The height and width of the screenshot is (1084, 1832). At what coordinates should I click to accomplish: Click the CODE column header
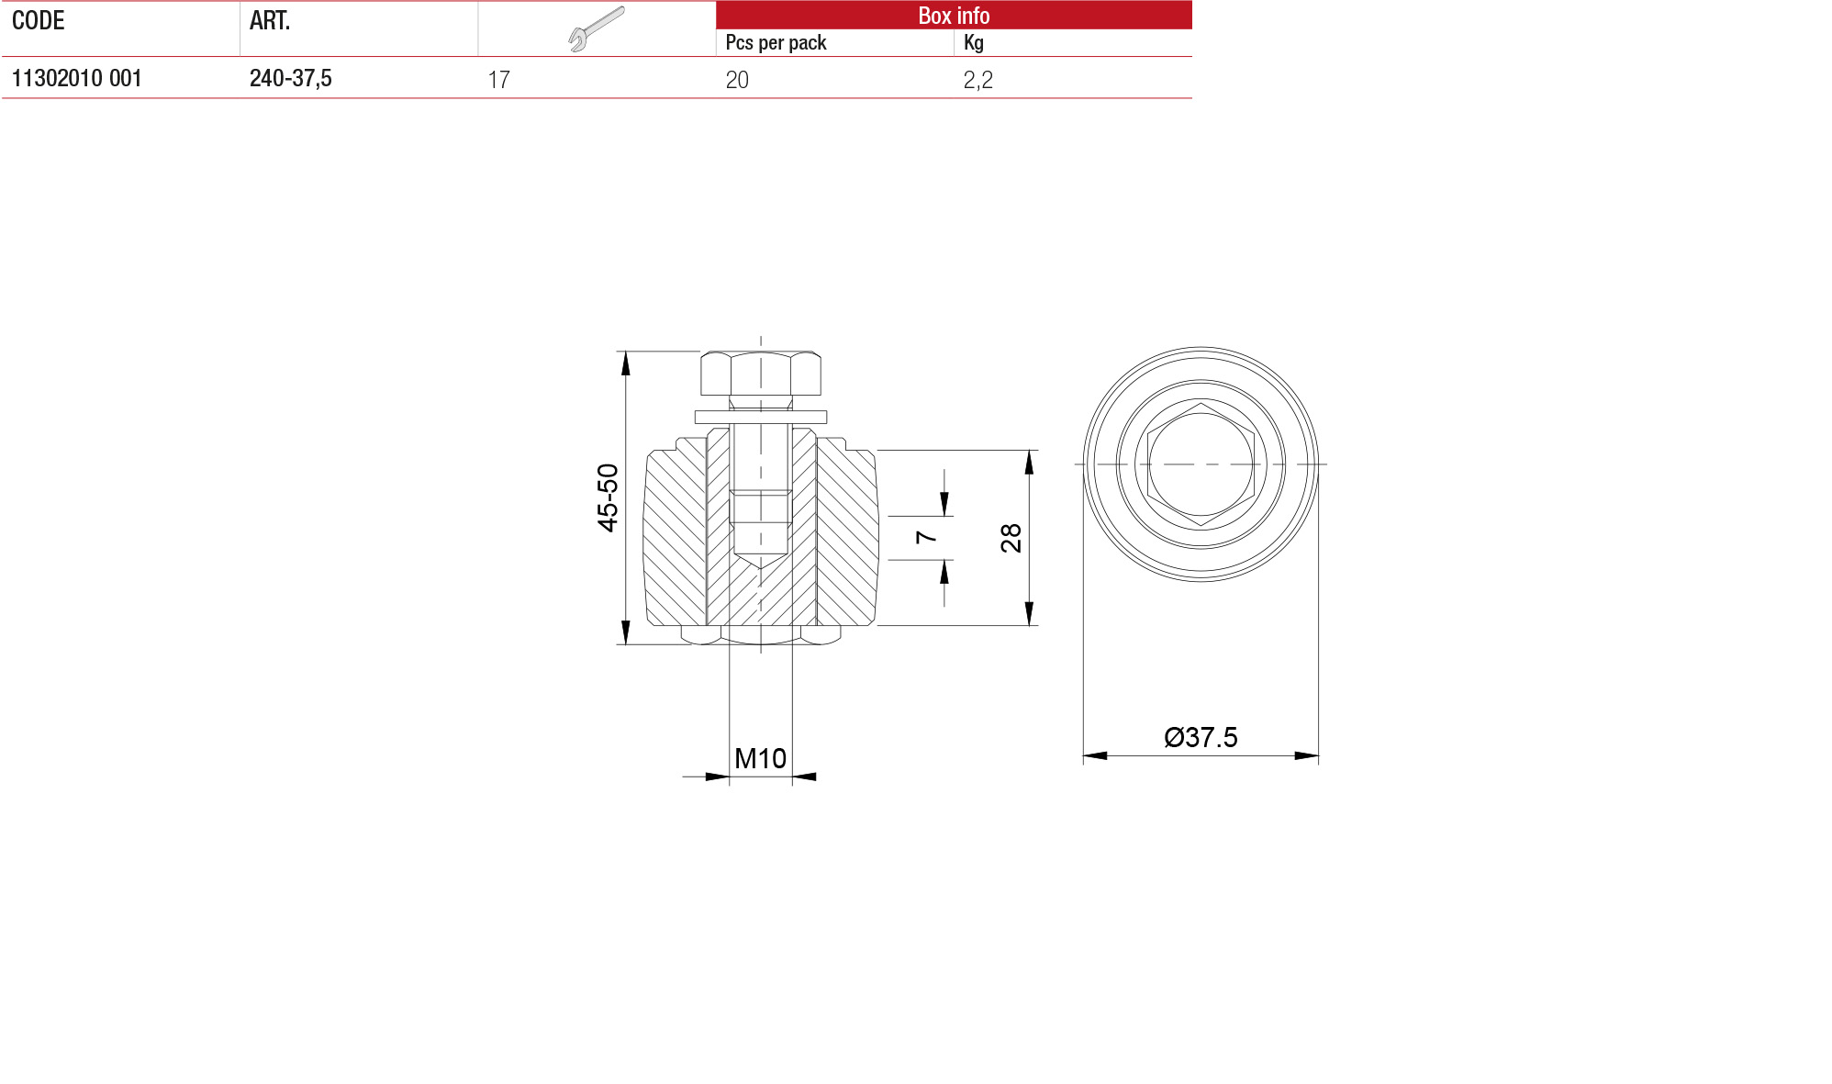[x=38, y=20]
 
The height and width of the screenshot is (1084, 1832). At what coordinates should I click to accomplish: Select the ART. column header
[x=270, y=20]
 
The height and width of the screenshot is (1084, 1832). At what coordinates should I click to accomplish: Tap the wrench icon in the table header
[x=596, y=28]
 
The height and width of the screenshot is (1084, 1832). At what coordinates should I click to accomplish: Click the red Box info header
[x=954, y=15]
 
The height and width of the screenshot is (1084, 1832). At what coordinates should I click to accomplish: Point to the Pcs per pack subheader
[x=776, y=42]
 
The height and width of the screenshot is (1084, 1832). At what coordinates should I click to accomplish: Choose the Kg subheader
[x=973, y=42]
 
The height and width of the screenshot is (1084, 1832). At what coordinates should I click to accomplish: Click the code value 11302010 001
[x=76, y=78]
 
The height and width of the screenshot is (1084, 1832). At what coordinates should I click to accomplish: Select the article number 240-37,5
[x=290, y=78]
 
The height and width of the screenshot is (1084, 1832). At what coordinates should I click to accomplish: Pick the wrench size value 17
[x=498, y=80]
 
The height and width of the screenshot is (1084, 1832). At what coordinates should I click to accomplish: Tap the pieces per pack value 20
[x=737, y=80]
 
